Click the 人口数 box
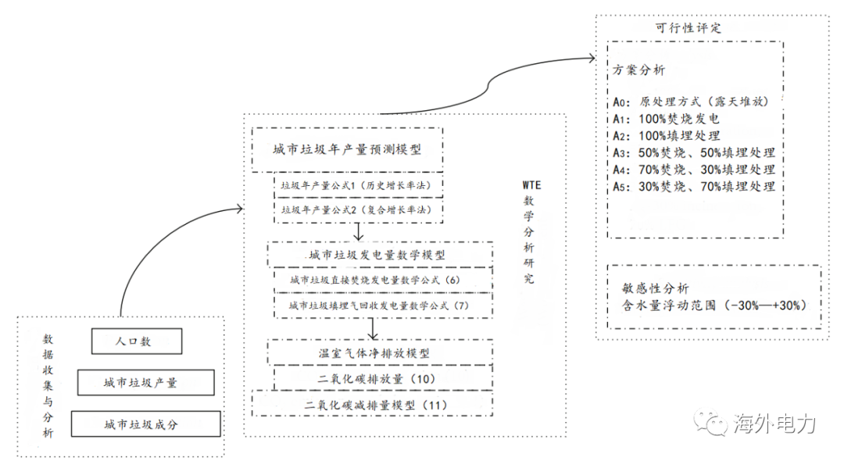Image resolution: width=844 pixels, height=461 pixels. tap(137, 341)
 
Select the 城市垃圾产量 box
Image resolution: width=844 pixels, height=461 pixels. tap(146, 382)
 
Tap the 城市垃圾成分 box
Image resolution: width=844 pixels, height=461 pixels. tap(146, 423)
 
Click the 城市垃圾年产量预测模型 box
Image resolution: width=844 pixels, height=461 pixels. tap(347, 149)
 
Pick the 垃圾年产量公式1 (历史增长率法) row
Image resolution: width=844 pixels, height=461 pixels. tap(359, 186)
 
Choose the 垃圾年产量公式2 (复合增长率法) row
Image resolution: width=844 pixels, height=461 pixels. tap(359, 209)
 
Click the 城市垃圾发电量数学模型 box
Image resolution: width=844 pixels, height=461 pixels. tap(380, 255)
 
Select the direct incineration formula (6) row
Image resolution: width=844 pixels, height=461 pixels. tap(383, 280)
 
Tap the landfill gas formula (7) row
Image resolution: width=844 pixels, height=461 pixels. tap(383, 306)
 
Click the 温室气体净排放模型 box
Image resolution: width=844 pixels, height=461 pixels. tap(380, 353)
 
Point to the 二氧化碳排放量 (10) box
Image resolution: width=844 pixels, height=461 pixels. tap(383, 379)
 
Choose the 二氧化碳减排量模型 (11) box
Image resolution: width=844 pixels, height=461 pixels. tap(373, 405)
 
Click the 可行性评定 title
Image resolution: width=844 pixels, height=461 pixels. tap(688, 28)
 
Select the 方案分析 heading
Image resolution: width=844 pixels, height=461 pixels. tap(639, 70)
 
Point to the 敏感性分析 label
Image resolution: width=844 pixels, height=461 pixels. tap(655, 288)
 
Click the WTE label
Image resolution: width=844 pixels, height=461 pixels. tap(531, 185)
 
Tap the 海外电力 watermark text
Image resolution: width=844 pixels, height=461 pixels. tap(774, 423)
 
